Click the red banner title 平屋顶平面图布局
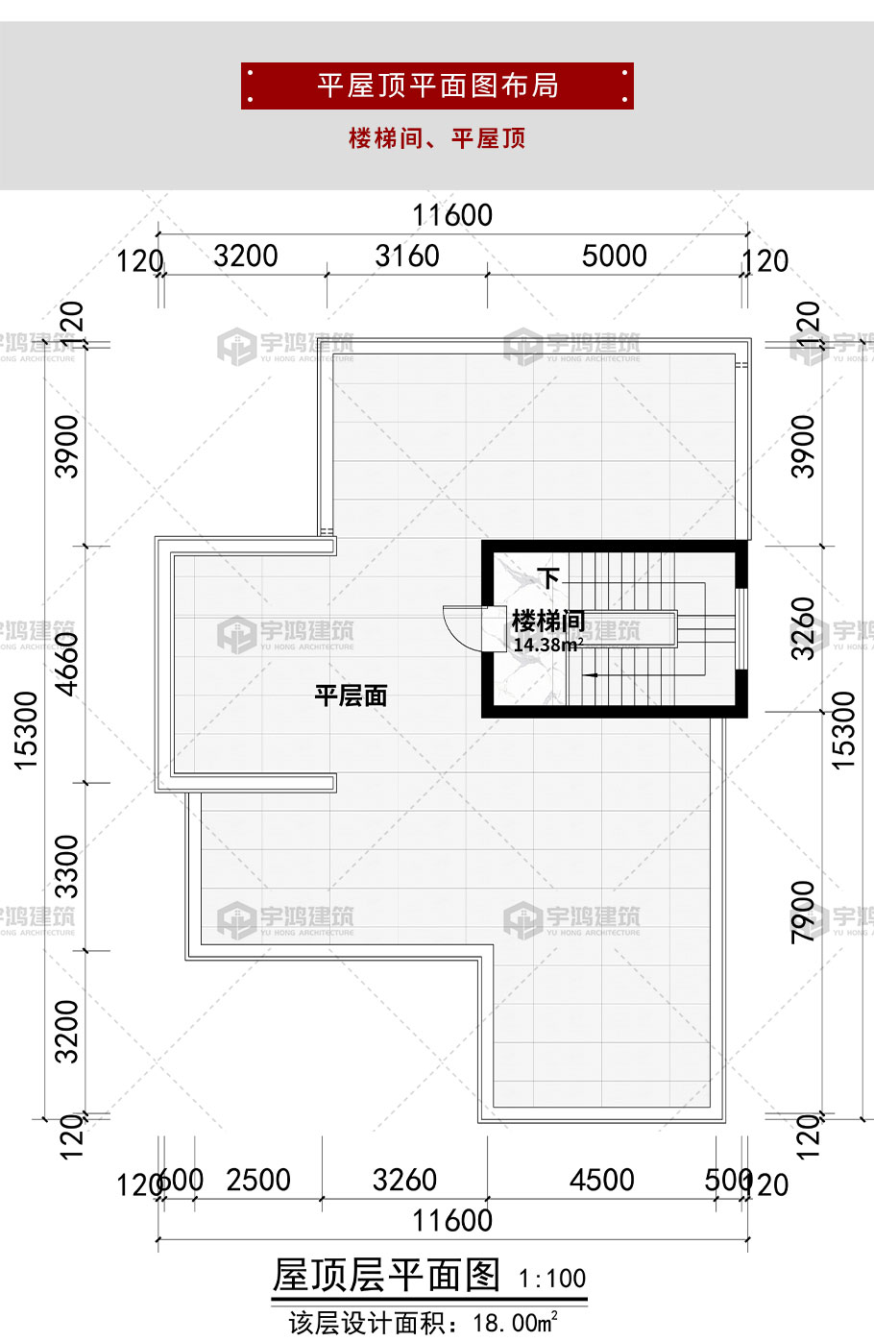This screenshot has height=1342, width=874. pyautogui.click(x=437, y=85)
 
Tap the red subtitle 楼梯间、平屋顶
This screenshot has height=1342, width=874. pyautogui.click(x=437, y=138)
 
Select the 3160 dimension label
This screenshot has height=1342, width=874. pyautogui.click(x=407, y=256)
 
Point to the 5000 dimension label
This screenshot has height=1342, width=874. pyautogui.click(x=615, y=256)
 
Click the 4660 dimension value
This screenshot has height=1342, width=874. pyautogui.click(x=68, y=663)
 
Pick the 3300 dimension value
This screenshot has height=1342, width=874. pyautogui.click(x=68, y=866)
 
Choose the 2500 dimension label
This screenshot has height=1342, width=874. pyautogui.click(x=258, y=1181)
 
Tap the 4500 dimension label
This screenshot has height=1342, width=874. pyautogui.click(x=602, y=1181)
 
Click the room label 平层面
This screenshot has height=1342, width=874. pyautogui.click(x=351, y=695)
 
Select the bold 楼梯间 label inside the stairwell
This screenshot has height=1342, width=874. pyautogui.click(x=548, y=621)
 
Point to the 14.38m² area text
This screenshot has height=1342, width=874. pyautogui.click(x=547, y=645)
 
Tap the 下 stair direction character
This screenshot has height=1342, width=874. pyautogui.click(x=548, y=578)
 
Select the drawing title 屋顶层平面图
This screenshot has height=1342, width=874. pyautogui.click(x=387, y=1275)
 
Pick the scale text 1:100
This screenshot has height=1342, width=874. pyautogui.click(x=552, y=1279)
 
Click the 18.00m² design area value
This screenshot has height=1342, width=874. pyautogui.click(x=516, y=1323)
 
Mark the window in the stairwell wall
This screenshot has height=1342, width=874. pyautogui.click(x=740, y=628)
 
